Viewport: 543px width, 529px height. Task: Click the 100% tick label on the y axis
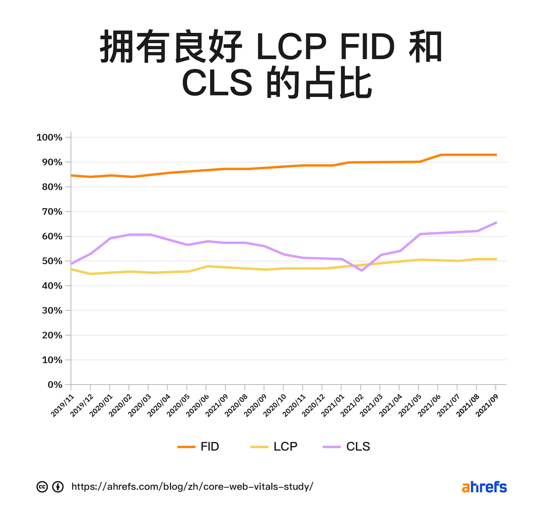[x=49, y=137]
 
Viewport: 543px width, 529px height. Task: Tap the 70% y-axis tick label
[x=52, y=212]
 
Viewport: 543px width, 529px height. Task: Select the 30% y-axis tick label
[x=52, y=310]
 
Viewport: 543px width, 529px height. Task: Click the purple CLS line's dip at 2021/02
[x=361, y=270]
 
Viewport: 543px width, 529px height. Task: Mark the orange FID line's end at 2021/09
[x=496, y=155]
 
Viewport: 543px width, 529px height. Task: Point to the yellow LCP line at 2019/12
[x=90, y=273]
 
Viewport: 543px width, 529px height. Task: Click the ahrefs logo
[x=484, y=487]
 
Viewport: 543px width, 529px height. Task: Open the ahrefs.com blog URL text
[x=192, y=487]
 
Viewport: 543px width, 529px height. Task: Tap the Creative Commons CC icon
[x=42, y=487]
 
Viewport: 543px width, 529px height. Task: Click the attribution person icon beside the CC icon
[x=58, y=487]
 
